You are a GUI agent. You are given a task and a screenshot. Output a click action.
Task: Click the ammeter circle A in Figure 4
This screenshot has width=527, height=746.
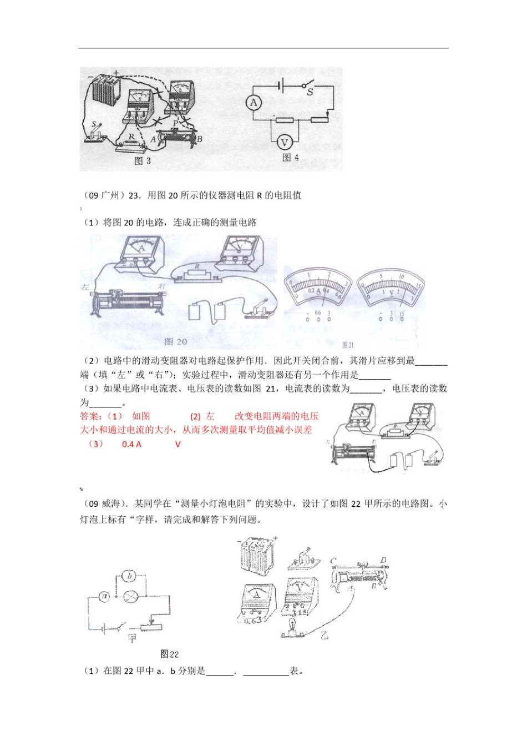pyautogui.click(x=254, y=103)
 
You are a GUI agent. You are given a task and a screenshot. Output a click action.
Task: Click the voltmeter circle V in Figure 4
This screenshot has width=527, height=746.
pyautogui.click(x=283, y=143)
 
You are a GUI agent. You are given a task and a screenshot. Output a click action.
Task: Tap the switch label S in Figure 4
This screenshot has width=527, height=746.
pyautogui.click(x=310, y=92)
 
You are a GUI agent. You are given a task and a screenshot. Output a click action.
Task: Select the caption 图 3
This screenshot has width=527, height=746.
pyautogui.click(x=143, y=160)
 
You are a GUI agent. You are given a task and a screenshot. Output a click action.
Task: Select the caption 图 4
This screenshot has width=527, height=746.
pyautogui.click(x=290, y=158)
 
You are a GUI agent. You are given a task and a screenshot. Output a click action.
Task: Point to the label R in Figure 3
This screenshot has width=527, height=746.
pyautogui.click(x=131, y=136)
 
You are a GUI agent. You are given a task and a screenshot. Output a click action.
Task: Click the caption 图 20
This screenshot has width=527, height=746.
pyautogui.click(x=176, y=341)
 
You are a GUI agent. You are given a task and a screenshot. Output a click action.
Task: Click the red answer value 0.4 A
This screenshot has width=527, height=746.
pyautogui.click(x=131, y=444)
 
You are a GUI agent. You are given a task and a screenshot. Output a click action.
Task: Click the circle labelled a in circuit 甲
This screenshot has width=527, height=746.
pyautogui.click(x=104, y=597)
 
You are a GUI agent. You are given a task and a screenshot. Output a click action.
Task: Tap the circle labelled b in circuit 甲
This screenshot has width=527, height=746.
pyautogui.click(x=129, y=577)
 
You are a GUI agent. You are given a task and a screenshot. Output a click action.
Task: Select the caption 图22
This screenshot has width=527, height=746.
pyautogui.click(x=169, y=654)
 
